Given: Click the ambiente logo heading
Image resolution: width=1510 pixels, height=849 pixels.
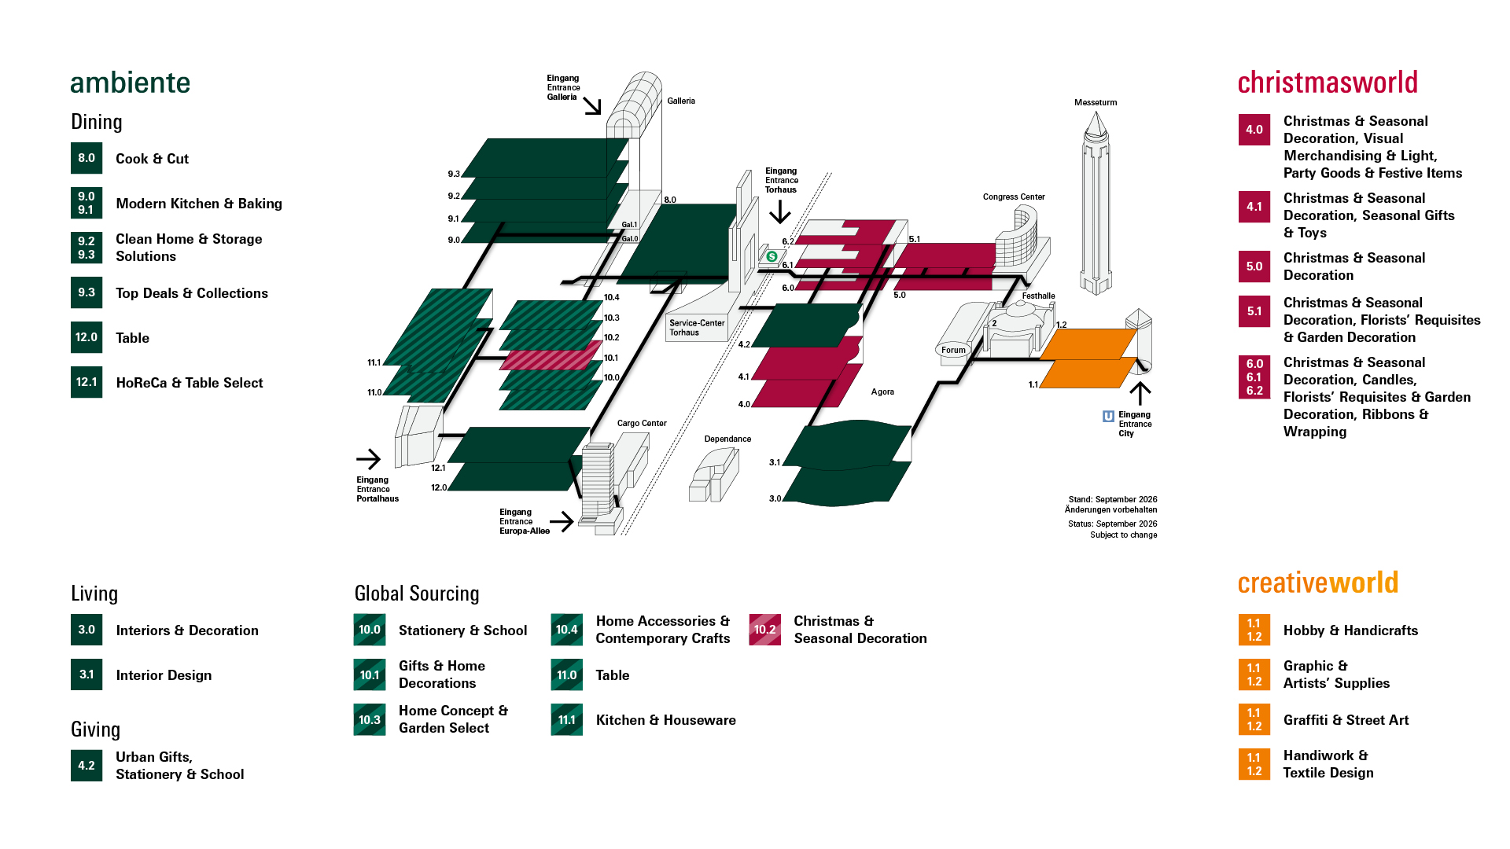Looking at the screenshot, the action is pyautogui.click(x=130, y=83).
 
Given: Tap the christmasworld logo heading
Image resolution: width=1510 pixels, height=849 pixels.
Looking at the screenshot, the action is pyautogui.click(x=1328, y=83).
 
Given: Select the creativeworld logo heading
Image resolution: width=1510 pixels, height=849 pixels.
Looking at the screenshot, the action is pyautogui.click(x=1318, y=583).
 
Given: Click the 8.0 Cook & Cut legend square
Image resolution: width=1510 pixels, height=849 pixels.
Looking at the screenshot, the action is pyautogui.click(x=87, y=158).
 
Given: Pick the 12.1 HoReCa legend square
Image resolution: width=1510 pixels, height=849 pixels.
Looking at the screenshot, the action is pyautogui.click(x=87, y=382).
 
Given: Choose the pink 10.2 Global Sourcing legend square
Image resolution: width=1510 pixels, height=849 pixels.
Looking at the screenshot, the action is pyautogui.click(x=765, y=630).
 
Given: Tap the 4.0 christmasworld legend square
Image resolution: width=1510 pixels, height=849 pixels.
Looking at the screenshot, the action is pyautogui.click(x=1254, y=130).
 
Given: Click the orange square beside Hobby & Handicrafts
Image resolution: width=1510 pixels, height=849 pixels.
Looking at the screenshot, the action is pyautogui.click(x=1254, y=630).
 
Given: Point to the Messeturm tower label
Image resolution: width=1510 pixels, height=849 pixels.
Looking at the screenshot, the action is pyautogui.click(x=1096, y=102).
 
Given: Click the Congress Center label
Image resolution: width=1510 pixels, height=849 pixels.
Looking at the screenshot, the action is pyautogui.click(x=1014, y=197).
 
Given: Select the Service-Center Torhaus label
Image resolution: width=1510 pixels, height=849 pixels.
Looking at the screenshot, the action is pyautogui.click(x=697, y=328).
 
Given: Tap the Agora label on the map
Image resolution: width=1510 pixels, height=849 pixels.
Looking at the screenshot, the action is pyautogui.click(x=882, y=391).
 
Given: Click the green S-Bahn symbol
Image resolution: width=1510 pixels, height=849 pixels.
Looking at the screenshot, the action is pyautogui.click(x=772, y=256).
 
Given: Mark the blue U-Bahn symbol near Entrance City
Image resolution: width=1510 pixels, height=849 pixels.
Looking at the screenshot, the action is pyautogui.click(x=1108, y=417).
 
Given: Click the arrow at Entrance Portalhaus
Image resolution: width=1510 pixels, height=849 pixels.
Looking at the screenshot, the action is pyautogui.click(x=368, y=459).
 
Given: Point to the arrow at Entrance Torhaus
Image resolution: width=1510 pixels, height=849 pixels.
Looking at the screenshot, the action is pyautogui.click(x=780, y=211).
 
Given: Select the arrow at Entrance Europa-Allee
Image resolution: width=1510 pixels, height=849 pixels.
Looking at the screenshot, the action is pyautogui.click(x=562, y=521).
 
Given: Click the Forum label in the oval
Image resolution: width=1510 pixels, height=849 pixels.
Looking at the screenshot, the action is pyautogui.click(x=953, y=350).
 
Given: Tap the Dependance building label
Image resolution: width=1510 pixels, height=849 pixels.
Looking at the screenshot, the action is pyautogui.click(x=727, y=439).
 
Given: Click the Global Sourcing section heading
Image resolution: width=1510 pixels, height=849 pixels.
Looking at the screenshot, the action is pyautogui.click(x=417, y=594).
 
